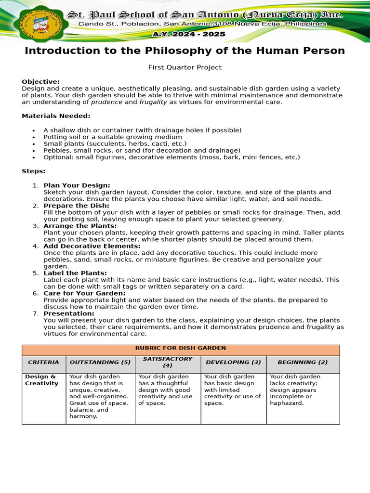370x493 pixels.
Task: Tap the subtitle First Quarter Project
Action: [185, 67]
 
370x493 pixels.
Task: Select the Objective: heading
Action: [41, 82]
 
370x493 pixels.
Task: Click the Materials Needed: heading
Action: [56, 116]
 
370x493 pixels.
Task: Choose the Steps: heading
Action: [34, 171]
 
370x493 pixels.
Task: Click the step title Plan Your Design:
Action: [77, 185]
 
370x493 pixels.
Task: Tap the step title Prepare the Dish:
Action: [76, 206]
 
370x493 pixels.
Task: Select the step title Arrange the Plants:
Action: [80, 226]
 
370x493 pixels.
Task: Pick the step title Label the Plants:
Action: [75, 273]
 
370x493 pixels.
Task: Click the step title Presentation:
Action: [69, 313]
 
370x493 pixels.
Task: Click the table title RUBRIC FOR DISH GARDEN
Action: [181, 348]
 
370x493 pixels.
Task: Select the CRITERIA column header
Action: [43, 362]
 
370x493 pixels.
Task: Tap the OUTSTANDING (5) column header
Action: [100, 362]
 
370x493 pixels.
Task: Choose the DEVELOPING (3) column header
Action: [233, 362]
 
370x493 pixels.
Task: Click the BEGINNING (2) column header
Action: [303, 362]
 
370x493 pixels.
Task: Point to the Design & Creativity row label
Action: [41, 380]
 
